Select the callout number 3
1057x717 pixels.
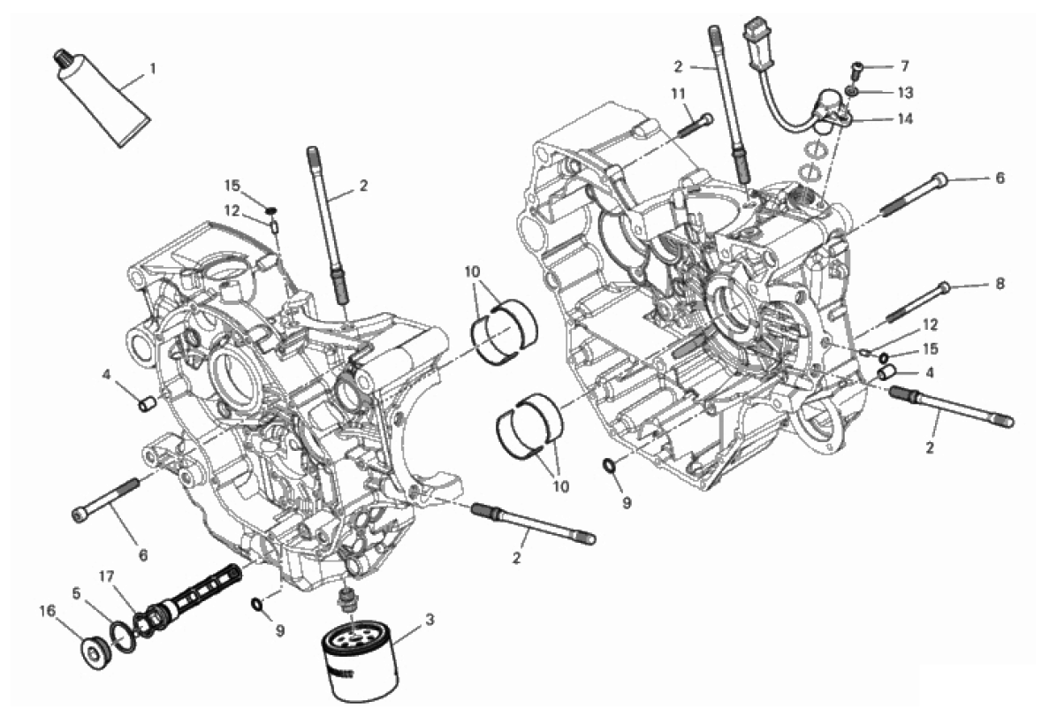coord(430,619)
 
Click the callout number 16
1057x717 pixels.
coord(47,612)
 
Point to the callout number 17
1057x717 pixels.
coord(107,576)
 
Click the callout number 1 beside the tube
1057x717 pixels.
coord(152,69)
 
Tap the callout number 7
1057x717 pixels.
coord(905,66)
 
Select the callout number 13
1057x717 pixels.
coord(905,93)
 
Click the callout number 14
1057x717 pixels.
coord(905,119)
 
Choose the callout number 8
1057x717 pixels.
coord(999,284)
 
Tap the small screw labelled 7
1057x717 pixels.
coord(856,70)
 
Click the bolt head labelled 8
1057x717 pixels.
coord(945,287)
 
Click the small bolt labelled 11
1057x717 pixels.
coord(692,126)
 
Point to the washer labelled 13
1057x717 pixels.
coord(854,91)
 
